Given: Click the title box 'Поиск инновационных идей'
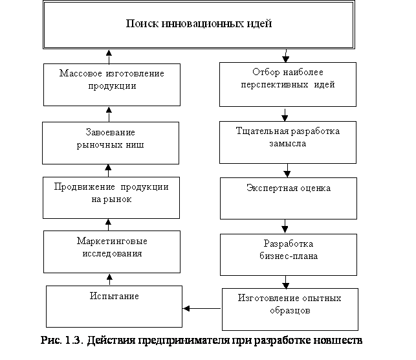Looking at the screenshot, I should click(199, 25).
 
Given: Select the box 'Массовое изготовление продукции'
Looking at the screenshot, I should click(111, 84).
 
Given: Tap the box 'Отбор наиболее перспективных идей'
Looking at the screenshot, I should click(287, 84).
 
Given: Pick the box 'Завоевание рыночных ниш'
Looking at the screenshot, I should click(110, 143).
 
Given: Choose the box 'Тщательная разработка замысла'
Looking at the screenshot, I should click(287, 142).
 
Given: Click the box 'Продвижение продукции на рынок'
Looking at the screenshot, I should click(111, 197).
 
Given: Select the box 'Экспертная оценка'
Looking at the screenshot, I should click(288, 198).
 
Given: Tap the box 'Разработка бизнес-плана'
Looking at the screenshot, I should click(288, 254).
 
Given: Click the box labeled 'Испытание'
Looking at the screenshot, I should click(114, 306).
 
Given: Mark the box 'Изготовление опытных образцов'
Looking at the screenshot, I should click(289, 309).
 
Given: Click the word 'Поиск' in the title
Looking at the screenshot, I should click(139, 24).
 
